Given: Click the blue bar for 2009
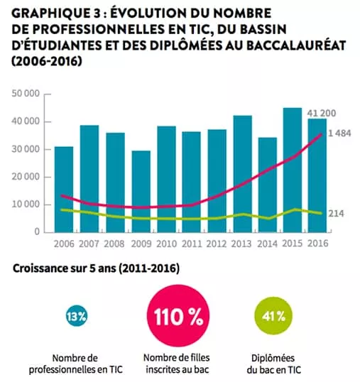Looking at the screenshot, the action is click(x=141, y=192).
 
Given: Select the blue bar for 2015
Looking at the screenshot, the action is click(x=293, y=170).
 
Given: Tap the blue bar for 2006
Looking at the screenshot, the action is click(x=64, y=190).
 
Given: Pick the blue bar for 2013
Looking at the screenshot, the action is click(x=243, y=174).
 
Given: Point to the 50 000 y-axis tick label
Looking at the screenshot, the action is click(x=26, y=94).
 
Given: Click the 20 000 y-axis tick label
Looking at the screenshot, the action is click(x=26, y=177).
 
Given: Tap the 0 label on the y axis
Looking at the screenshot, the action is click(x=37, y=231).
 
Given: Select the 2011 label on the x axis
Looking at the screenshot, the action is click(x=192, y=244).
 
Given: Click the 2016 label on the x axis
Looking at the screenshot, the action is click(x=318, y=244).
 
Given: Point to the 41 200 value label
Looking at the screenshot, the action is click(x=321, y=114).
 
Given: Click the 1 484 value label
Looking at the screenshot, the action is click(x=339, y=133).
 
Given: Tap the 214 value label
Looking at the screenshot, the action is click(x=336, y=214).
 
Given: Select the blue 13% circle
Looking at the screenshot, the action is click(x=77, y=317).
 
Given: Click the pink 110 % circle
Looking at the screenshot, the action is click(x=178, y=316).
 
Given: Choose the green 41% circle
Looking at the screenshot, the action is click(x=273, y=317).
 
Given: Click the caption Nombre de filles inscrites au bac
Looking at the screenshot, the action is click(x=177, y=364).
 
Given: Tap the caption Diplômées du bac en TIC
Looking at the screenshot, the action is click(x=273, y=364).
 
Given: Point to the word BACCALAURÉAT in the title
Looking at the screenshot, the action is click(x=296, y=45).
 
